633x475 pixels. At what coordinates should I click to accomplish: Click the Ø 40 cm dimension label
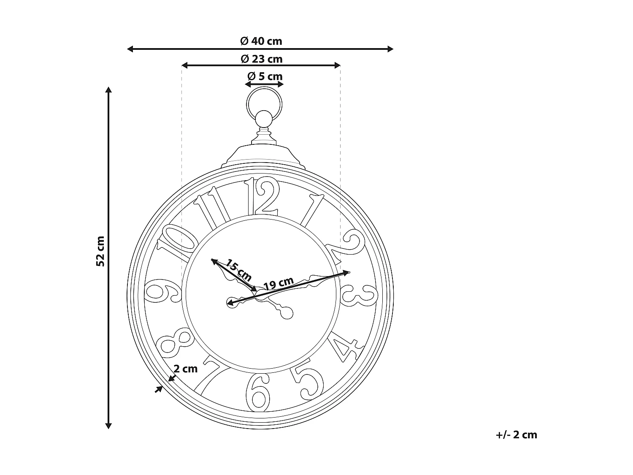coord(261,41)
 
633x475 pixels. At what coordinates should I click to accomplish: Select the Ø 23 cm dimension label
coord(261,59)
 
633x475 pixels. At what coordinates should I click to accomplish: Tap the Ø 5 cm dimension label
coord(265,76)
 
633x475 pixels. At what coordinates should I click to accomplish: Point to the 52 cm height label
coord(100,251)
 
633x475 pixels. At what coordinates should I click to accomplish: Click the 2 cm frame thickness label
coord(186,369)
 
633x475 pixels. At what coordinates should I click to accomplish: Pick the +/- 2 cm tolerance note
coord(517,435)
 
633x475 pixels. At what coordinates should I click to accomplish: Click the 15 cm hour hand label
coord(238,271)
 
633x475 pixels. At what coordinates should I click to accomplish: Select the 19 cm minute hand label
coord(279,283)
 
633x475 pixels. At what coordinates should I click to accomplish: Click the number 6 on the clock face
coord(258,392)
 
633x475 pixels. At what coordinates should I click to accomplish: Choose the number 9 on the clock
coord(162,291)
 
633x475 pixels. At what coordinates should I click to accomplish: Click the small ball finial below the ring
coord(264,119)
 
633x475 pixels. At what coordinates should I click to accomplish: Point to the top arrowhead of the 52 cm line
coord(108,90)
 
